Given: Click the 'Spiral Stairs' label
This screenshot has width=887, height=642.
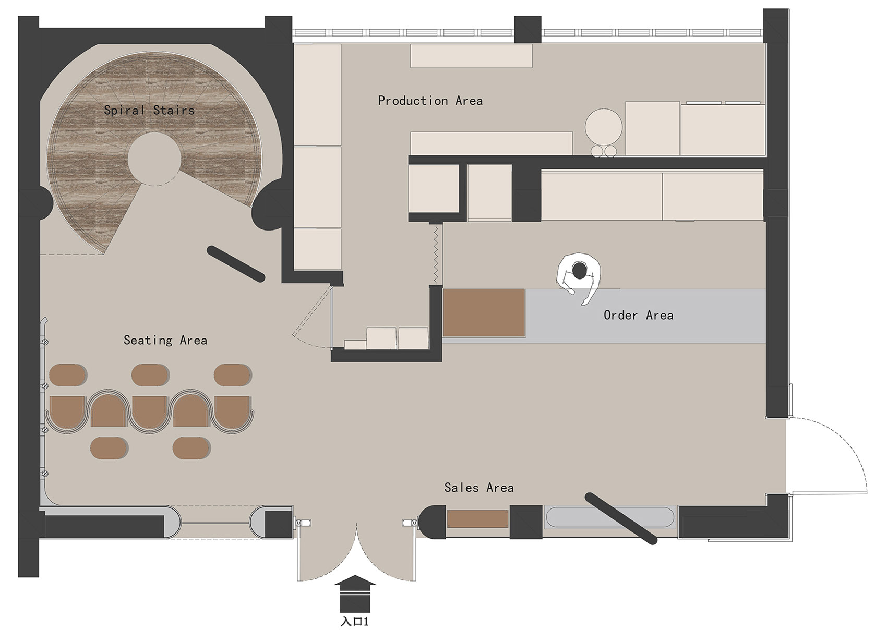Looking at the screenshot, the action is point(149,110).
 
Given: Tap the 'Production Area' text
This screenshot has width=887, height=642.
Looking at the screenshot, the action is point(430,101).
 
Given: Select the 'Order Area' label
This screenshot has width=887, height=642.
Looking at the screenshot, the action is point(638,315).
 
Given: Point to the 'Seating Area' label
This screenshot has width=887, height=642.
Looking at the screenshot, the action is point(165,340).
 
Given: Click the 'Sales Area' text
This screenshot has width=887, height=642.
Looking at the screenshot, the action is point(479,487).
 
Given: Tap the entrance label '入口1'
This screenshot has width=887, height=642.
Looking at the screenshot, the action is point(354,622).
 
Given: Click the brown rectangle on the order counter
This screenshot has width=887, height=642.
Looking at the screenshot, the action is point(484,313).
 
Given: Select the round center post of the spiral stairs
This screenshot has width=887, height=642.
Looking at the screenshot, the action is point(154,159).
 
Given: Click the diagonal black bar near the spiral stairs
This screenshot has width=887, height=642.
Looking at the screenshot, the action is point(236,264).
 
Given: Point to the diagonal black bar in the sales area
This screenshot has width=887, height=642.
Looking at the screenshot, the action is point(621,518).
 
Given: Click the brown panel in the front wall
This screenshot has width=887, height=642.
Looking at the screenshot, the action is point(478,518).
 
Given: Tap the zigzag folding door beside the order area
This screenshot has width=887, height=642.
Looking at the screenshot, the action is point(436,254).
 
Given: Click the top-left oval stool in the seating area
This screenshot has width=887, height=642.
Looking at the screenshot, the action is point(68,375).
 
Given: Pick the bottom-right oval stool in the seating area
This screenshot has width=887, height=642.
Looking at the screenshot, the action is point(191,448).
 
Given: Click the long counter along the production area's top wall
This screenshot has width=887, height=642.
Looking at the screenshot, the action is point(471,56).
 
